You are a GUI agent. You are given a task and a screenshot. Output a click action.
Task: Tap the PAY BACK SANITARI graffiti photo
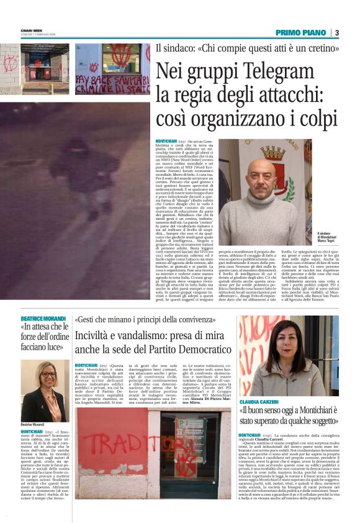coord(112,70)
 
